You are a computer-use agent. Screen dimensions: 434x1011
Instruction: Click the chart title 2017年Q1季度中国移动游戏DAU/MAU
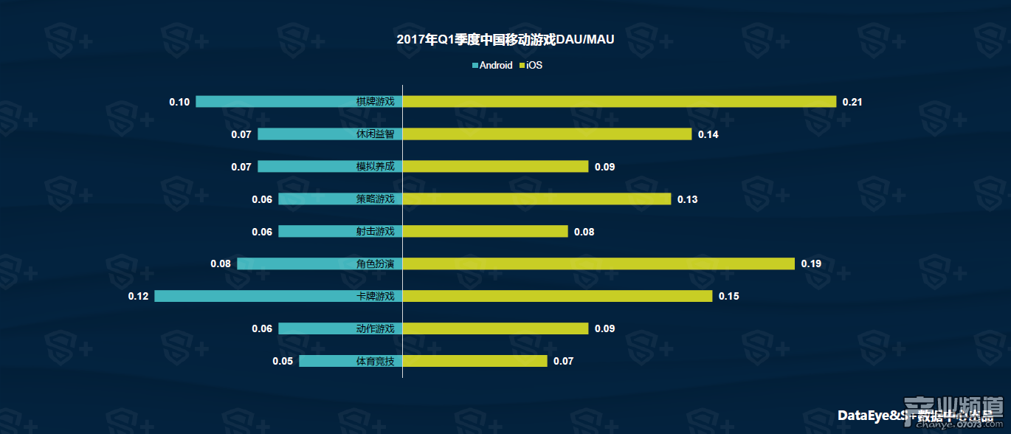(505, 40)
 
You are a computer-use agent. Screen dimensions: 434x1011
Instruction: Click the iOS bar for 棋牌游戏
(619, 102)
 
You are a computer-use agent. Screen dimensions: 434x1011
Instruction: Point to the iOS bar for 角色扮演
(598, 264)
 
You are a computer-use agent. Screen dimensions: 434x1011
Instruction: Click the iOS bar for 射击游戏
(485, 232)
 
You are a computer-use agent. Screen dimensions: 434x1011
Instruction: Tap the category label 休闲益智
(375, 134)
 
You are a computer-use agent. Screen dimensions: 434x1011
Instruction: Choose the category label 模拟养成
(375, 167)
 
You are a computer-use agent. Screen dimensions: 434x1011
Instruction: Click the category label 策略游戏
(375, 199)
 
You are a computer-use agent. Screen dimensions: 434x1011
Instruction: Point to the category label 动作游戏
(375, 329)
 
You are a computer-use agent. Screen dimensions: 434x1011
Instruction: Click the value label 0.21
(852, 102)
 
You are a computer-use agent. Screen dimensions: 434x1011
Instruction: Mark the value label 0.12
(138, 297)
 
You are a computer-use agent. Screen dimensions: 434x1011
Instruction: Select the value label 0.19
(811, 264)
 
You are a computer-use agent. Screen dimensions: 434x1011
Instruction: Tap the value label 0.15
(728, 297)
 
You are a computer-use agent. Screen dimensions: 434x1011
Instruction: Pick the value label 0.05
(283, 362)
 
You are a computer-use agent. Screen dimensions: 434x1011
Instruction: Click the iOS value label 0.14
(708, 134)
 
